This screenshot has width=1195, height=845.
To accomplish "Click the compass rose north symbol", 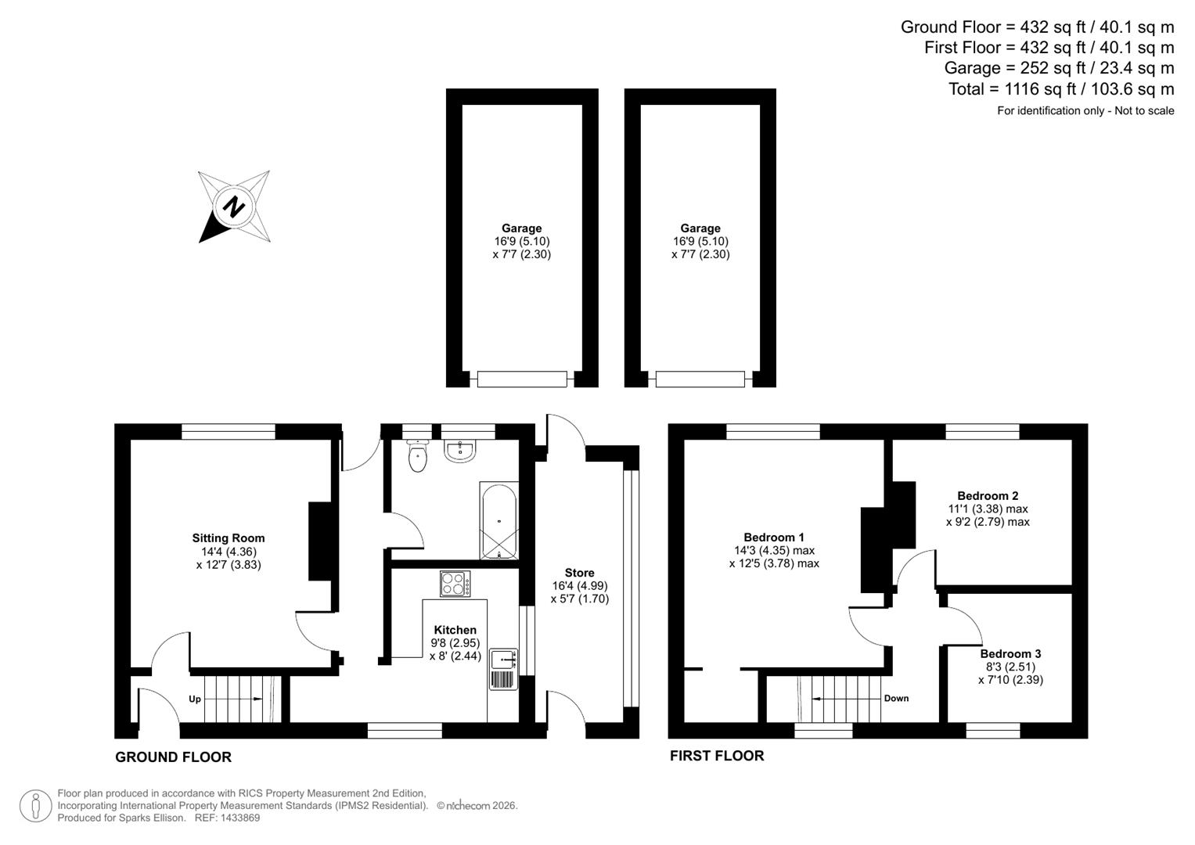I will (x=233, y=207).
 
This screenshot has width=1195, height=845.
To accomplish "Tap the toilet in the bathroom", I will (x=418, y=457).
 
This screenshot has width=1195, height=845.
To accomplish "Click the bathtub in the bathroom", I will (x=499, y=521).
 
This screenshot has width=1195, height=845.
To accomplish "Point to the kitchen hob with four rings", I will (x=455, y=584).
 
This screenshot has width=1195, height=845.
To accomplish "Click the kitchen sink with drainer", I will (x=503, y=669).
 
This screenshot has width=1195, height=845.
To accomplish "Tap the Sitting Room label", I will (x=229, y=538).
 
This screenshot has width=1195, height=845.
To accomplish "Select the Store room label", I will (x=579, y=573).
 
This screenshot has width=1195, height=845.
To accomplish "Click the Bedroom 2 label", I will (x=988, y=496).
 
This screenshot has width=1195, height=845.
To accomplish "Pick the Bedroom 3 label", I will (x=1010, y=654).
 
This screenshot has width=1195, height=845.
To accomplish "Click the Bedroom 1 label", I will (x=774, y=538).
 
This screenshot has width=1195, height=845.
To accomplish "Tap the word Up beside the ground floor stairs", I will (x=195, y=699).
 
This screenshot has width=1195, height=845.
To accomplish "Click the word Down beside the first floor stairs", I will (x=896, y=698).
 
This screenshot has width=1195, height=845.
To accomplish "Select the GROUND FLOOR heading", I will (x=173, y=757).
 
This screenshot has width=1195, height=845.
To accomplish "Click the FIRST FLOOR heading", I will (x=717, y=756).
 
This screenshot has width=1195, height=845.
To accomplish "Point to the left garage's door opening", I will (x=522, y=379).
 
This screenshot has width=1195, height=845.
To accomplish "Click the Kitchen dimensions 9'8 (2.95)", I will (x=454, y=643).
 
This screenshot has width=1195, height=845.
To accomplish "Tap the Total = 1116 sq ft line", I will (x=1061, y=89).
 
